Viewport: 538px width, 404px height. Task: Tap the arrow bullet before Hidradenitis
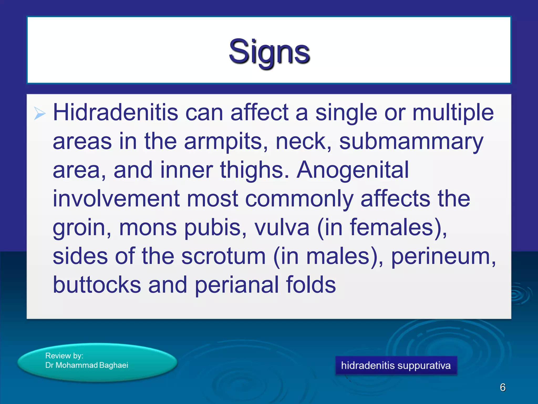(40, 114)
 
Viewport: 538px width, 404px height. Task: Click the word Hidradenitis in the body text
(116, 113)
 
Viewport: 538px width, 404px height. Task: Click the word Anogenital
(353, 170)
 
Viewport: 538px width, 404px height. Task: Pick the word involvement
(116, 199)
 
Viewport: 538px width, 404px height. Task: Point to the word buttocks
(97, 285)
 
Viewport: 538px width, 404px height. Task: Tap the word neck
(303, 142)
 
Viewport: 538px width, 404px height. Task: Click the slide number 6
(503, 387)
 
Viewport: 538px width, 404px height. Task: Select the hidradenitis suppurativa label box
(396, 365)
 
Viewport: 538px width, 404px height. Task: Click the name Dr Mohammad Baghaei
(87, 365)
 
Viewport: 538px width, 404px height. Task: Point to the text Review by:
(64, 356)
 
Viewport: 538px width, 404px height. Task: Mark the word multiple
(453, 113)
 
